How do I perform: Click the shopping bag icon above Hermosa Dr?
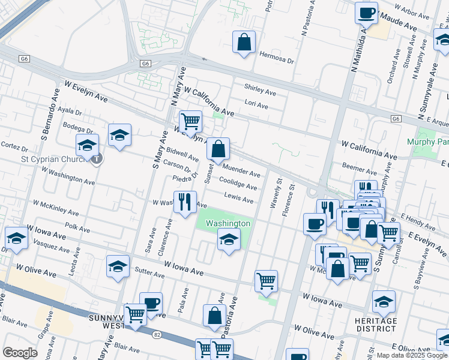click(244, 43)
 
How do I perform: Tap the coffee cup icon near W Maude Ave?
click(366, 13)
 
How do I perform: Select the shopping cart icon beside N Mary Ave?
click(190, 122)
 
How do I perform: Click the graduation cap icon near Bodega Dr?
click(119, 136)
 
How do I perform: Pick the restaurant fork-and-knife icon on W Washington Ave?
click(185, 202)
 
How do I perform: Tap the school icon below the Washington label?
click(228, 241)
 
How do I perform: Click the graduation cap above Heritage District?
click(384, 302)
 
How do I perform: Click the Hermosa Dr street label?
click(277, 61)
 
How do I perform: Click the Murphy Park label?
click(428, 142)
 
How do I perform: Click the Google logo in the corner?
click(20, 353)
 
